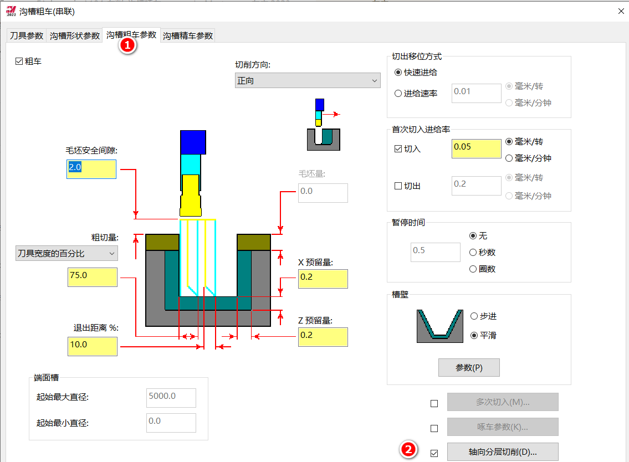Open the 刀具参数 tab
(27, 35)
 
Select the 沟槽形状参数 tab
(75, 35)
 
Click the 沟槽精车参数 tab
(188, 35)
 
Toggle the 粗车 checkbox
(19, 61)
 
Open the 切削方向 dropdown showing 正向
(308, 81)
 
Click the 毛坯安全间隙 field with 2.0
(91, 170)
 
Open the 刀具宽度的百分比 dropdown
(67, 254)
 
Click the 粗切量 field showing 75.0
(93, 277)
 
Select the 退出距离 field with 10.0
(93, 347)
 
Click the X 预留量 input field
(323, 279)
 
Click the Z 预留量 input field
(323, 337)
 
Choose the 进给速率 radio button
(398, 94)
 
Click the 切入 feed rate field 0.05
(477, 148)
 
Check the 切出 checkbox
(398, 186)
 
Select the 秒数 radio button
(473, 252)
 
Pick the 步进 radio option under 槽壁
(474, 316)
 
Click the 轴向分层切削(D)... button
(503, 452)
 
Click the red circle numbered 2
(408, 450)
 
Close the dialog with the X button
(621, 11)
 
